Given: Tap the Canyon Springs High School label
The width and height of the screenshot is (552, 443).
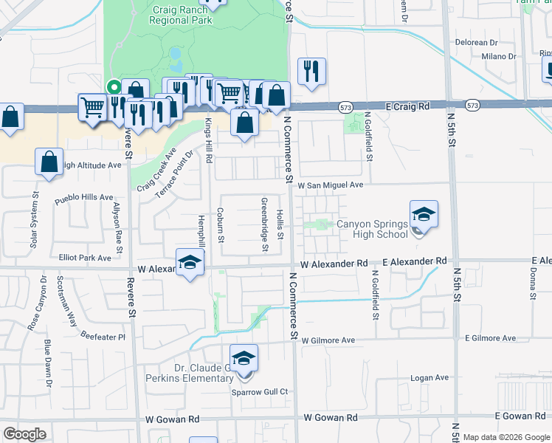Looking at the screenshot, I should (x=372, y=229).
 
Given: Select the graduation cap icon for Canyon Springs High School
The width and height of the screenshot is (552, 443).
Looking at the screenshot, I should (x=424, y=215).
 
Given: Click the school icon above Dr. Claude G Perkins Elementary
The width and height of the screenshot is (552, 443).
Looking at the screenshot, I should (x=244, y=359).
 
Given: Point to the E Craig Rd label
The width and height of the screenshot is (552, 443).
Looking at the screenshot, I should (x=408, y=106).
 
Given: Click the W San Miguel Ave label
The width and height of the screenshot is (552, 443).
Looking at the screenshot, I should (x=331, y=185).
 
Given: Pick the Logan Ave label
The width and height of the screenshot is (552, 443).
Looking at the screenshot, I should (x=430, y=378).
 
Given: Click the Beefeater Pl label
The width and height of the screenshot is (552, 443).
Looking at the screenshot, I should (x=103, y=337).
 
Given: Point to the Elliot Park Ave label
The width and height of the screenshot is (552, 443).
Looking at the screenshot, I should (x=85, y=258).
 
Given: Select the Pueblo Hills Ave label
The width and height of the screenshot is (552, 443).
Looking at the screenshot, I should (x=86, y=198).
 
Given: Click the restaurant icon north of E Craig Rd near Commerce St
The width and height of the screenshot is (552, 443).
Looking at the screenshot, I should (x=310, y=72).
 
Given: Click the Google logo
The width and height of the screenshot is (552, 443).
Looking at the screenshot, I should (x=24, y=434).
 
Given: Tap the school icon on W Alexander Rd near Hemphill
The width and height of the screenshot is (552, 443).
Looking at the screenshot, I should (x=190, y=263).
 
